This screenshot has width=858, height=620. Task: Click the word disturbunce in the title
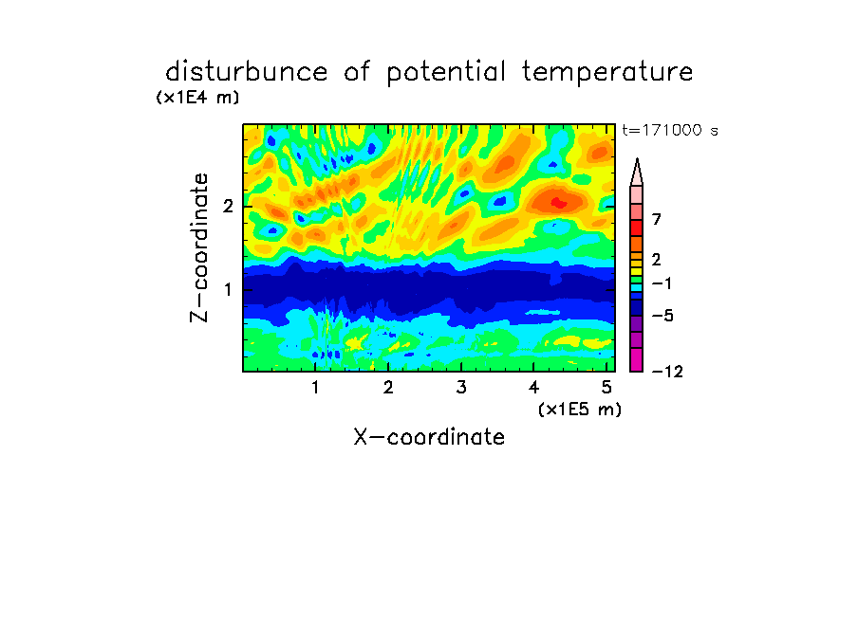point(247,72)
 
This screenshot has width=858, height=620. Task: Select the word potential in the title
point(446,73)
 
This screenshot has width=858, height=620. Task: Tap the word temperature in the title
point(607,73)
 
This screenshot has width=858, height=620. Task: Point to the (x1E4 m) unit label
point(198,98)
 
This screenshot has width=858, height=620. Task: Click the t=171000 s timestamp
point(670,130)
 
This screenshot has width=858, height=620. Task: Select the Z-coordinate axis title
point(199,247)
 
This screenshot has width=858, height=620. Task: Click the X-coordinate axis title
point(429,437)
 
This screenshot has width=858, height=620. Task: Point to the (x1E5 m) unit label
point(580,410)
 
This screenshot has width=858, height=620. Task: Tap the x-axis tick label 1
point(316,388)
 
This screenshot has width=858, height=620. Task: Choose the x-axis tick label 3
point(461,388)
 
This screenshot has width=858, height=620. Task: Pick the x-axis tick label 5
point(606,388)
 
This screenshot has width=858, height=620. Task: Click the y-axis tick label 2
point(228,207)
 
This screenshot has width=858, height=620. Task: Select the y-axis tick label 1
point(228,289)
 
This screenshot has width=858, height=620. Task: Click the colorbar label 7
point(657,220)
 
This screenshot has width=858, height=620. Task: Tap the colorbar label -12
point(667,372)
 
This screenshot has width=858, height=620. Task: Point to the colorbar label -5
point(662,316)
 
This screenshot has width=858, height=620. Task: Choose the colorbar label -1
point(662,283)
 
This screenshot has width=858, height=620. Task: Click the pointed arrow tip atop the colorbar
point(637,159)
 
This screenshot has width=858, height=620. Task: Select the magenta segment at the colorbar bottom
point(637,359)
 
